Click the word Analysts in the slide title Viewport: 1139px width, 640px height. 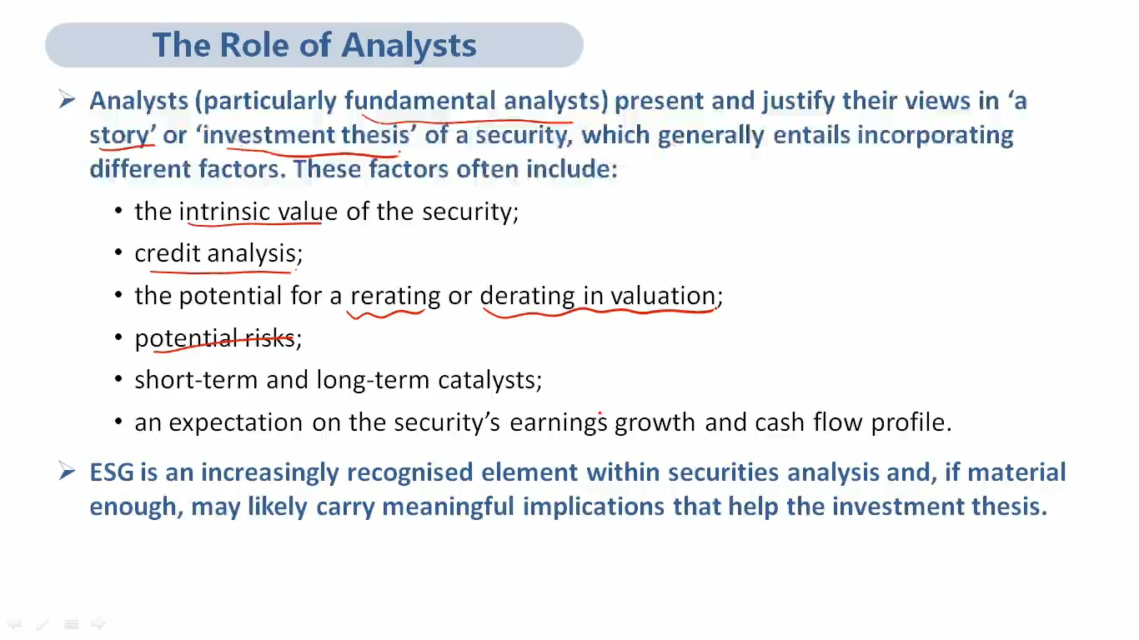coord(409,46)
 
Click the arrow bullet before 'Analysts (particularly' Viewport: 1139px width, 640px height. coord(67,99)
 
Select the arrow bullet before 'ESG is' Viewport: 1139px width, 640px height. coord(67,471)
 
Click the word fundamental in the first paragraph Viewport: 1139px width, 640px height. coord(420,100)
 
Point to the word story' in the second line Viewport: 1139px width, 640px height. coord(123,136)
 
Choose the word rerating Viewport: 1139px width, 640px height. coord(395,297)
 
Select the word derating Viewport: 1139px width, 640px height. coord(527,297)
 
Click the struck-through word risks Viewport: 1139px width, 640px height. coord(269,338)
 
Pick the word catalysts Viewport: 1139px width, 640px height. coord(489,380)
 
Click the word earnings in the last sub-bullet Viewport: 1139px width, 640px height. coord(559,423)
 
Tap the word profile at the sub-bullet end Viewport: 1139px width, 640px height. coord(911,422)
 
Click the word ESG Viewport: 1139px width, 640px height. coord(112,472)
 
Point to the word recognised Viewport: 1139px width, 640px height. coord(410,472)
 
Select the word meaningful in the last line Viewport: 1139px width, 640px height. coord(448,507)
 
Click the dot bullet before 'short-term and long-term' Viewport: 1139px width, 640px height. coord(118,378)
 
